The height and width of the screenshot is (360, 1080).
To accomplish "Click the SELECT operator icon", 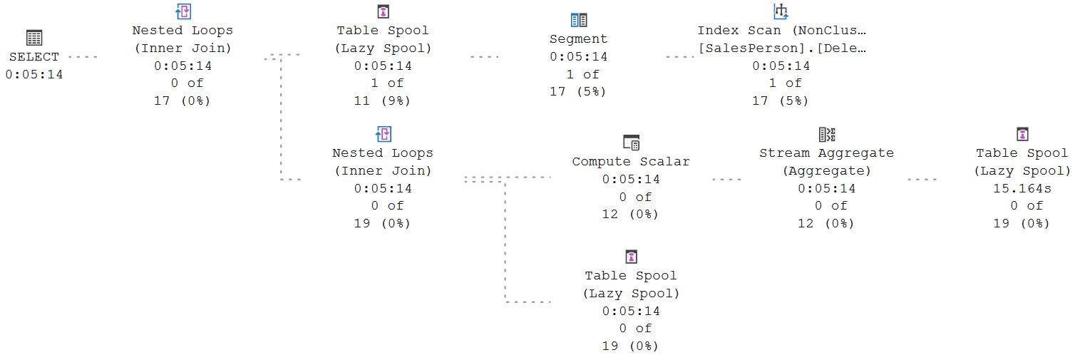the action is [34, 38].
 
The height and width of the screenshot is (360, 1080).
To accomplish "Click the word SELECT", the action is [34, 57].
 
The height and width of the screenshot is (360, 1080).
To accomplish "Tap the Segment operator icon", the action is [579, 20].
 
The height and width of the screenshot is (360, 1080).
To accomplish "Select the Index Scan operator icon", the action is [781, 11].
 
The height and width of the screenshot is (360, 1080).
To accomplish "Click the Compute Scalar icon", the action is [631, 143].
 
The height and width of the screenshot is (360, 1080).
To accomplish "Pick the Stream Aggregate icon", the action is [827, 135].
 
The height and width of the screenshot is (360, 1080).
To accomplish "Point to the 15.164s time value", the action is [1022, 188].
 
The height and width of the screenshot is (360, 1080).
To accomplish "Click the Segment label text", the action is [579, 39].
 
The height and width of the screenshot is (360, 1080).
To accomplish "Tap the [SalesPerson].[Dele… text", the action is [782, 48].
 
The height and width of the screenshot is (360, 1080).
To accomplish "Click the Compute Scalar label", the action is [631, 161].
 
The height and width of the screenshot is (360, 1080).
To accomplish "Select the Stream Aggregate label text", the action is [827, 153].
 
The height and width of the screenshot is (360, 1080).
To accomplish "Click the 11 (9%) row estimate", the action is [382, 101].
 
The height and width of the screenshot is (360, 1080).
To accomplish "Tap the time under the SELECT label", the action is [34, 75].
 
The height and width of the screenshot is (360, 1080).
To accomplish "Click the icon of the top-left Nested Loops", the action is [182, 11].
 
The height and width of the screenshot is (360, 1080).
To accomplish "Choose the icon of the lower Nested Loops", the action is [384, 134].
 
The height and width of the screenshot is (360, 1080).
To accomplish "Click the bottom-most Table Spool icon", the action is [631, 257].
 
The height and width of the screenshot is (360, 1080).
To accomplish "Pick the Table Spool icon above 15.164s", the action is [1022, 134].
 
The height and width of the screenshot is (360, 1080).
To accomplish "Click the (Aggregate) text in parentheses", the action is [827, 171].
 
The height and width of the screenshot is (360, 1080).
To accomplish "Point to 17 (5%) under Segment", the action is [578, 91].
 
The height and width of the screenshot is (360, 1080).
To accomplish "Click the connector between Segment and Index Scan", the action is [680, 57].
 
